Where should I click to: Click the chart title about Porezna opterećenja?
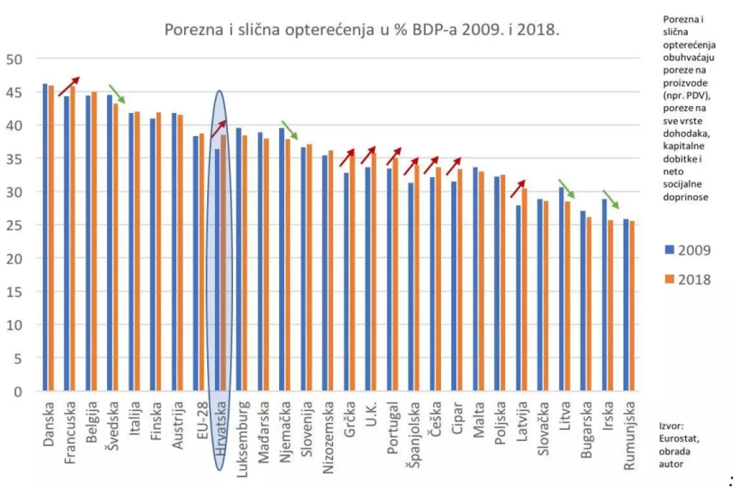(361, 31)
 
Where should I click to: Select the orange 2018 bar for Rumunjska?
(632, 306)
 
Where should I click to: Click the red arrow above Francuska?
(68, 86)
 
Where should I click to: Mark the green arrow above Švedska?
(117, 94)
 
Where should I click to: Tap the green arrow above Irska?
(611, 200)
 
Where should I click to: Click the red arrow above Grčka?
(347, 157)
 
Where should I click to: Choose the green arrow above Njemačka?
(290, 130)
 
